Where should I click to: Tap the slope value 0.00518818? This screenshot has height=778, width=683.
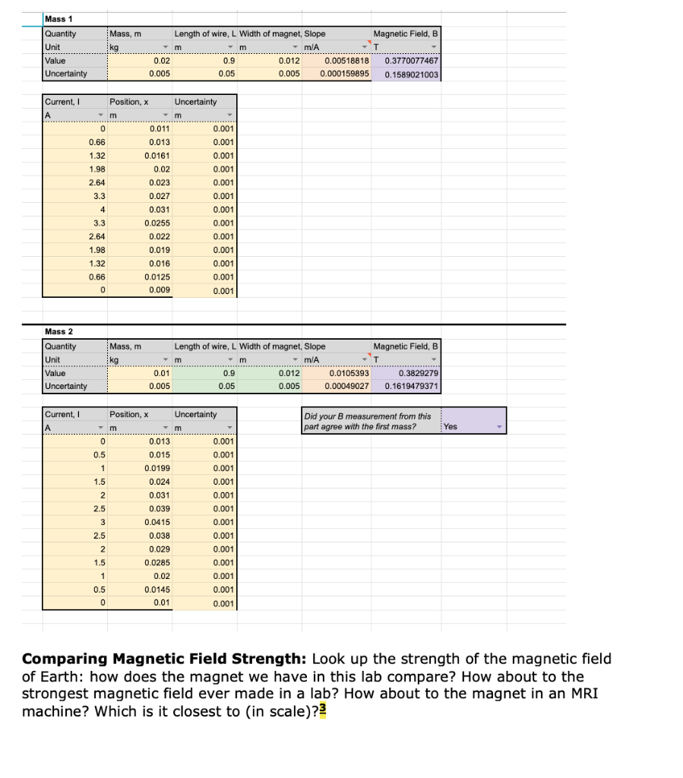tap(346, 61)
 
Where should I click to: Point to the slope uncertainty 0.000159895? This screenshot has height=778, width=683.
tap(344, 74)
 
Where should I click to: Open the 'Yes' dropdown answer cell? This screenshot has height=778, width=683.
tap(474, 426)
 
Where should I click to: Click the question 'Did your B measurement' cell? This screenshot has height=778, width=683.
tap(367, 421)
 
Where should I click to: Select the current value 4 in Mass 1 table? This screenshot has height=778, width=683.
tap(101, 209)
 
